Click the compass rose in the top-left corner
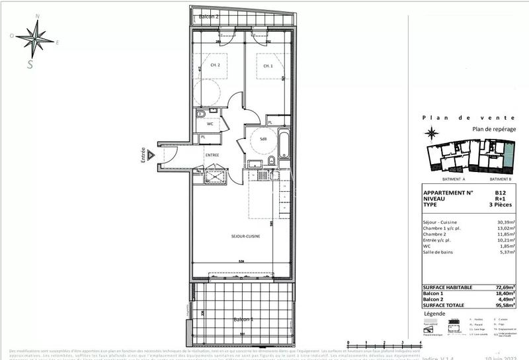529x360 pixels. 34,38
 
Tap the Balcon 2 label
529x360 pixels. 209,17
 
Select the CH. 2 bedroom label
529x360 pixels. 216,66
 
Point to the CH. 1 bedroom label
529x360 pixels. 268,66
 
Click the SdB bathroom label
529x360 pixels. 263,139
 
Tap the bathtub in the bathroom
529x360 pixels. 284,145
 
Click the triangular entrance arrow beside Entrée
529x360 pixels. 151,155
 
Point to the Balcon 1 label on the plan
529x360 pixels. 243,320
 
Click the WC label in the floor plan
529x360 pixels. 210,124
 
